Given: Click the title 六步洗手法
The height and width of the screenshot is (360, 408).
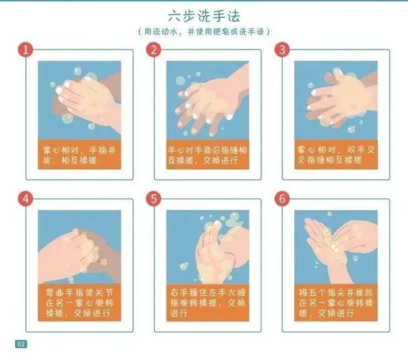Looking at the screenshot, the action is click(x=204, y=16).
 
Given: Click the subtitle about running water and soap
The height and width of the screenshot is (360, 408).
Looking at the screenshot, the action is click(x=204, y=32).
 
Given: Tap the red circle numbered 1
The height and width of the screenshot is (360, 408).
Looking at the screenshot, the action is click(x=25, y=49).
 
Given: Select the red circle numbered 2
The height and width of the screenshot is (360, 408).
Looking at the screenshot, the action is click(x=154, y=49).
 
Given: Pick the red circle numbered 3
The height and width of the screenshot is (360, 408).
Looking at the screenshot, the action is click(x=282, y=49).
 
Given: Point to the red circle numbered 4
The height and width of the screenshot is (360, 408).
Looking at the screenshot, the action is click(x=25, y=199).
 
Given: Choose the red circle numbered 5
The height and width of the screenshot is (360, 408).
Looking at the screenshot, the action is click(x=154, y=199).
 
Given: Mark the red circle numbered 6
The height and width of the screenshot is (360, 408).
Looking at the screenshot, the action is click(x=282, y=199).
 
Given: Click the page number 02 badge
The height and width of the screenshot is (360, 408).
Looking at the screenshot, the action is click(x=21, y=344).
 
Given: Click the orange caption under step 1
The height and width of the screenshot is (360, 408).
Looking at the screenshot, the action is click(x=80, y=154).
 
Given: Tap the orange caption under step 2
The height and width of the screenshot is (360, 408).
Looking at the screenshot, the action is click(x=208, y=154).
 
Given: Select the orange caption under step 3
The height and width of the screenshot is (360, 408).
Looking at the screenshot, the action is click(x=336, y=154).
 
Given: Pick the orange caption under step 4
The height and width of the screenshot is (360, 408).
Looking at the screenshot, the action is click(x=80, y=303).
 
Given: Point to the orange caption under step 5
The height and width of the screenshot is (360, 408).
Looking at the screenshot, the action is click(x=208, y=303).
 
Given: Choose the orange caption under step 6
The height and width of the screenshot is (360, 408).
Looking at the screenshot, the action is click(x=336, y=303).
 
